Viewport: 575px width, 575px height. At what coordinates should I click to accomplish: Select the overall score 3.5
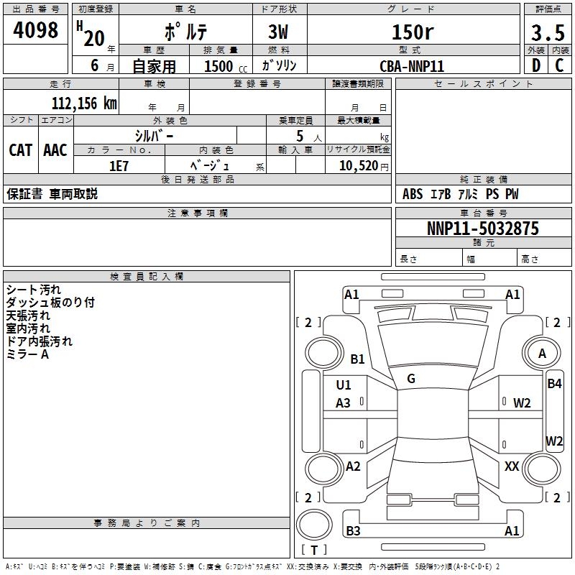coord(548,34)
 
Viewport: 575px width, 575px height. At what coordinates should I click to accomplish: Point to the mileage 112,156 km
coord(84,103)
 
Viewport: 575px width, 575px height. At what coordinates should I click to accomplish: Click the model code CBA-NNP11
coord(412,65)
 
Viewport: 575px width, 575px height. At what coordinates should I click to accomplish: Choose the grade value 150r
coord(412,32)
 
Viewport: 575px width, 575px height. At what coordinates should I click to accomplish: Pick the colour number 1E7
coord(119,165)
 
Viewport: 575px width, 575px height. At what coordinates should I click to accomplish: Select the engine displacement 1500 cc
coord(219,66)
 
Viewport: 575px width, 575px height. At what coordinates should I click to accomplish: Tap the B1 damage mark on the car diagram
coord(357,359)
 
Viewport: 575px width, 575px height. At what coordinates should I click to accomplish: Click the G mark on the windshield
coord(411,379)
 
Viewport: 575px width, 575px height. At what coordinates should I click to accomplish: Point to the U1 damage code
coord(344,385)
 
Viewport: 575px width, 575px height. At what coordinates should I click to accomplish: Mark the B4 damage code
coord(554,384)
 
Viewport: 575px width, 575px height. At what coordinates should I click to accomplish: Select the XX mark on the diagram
coord(512,466)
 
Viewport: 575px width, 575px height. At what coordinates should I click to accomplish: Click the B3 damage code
coord(353,531)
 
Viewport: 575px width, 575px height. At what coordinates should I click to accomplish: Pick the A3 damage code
coord(344,403)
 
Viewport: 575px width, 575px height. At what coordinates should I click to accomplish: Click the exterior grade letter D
coord(536,65)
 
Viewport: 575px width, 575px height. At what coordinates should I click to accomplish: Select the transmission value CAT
coord(20,150)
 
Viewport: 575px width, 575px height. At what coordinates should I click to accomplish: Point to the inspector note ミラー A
coord(27,354)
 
